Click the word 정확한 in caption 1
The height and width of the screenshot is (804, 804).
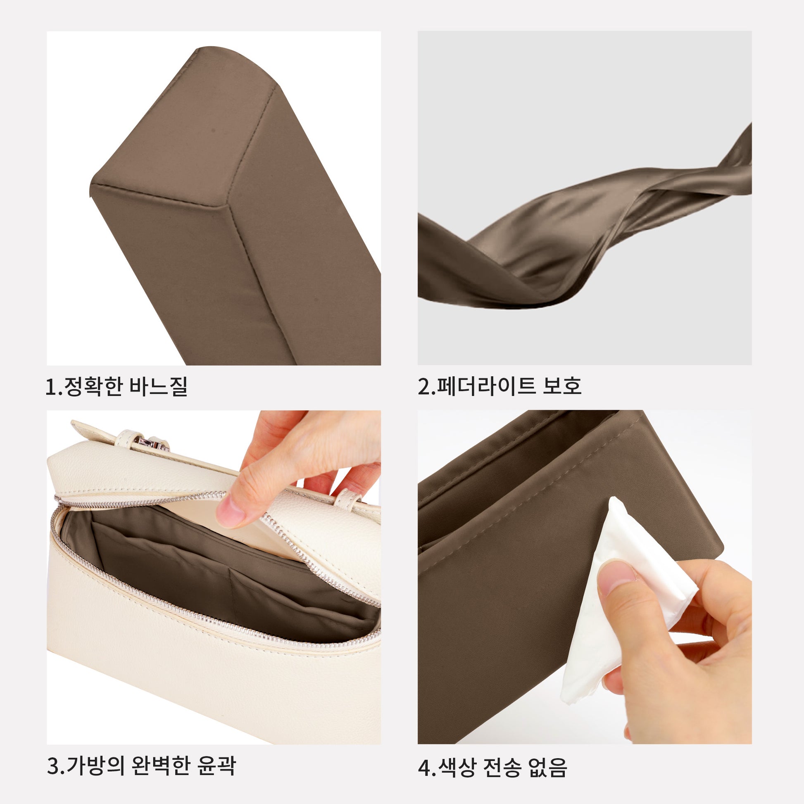[93, 387]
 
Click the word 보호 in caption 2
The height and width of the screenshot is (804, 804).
[562, 386]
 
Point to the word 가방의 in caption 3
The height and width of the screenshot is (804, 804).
[96, 765]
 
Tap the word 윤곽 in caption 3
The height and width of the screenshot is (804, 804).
[216, 765]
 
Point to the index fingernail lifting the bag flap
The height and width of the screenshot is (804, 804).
[230, 512]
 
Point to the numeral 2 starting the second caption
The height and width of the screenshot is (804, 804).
[424, 387]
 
